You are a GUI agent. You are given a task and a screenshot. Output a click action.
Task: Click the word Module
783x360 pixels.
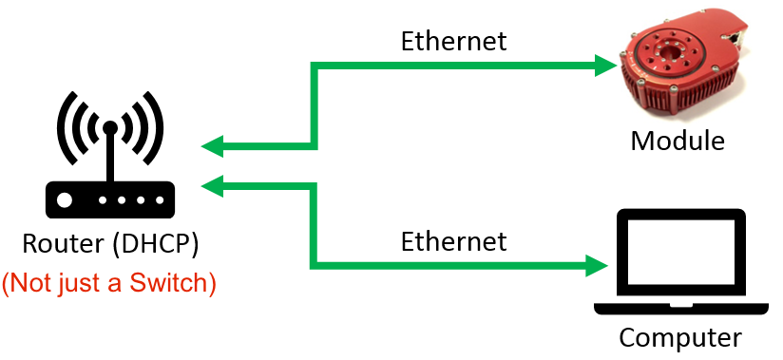coord(678,142)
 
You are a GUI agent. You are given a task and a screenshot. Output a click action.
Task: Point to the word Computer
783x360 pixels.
coord(679,337)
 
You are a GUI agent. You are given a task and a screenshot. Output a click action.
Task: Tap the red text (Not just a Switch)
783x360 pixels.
coord(109,282)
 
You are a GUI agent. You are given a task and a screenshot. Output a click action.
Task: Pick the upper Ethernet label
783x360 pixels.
coord(453,41)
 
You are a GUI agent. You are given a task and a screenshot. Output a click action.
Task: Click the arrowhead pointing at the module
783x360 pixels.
coord(603,66)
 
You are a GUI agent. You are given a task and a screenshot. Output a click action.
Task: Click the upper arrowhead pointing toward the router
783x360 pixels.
coord(214,146)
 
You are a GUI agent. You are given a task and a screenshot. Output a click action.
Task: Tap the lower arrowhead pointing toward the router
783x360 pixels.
coord(214,184)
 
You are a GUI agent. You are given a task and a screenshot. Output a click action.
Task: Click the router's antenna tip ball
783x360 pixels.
coord(110,126)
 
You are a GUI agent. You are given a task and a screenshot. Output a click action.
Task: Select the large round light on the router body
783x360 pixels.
coord(65,200)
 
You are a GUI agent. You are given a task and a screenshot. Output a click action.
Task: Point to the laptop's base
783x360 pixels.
coord(679,309)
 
